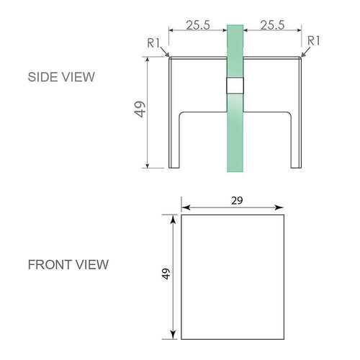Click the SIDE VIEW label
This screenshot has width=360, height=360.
pyautogui.click(x=61, y=77)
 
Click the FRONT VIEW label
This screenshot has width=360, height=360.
pyautogui.click(x=68, y=264)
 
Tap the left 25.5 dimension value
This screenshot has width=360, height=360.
pyautogui.click(x=197, y=24)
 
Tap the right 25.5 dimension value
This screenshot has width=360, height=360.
pyautogui.click(x=273, y=24)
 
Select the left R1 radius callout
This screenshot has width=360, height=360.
pyautogui.click(x=153, y=42)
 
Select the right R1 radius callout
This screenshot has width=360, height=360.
pyautogui.click(x=313, y=40)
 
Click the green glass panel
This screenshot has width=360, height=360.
pyautogui.click(x=235, y=137)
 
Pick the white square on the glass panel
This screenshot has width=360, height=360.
pyautogui.click(x=235, y=86)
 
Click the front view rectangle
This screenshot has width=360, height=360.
pyautogui.click(x=232, y=276)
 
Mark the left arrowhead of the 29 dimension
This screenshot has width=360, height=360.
pyautogui.click(x=184, y=205)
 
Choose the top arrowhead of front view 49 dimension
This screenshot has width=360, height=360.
pyautogui.click(x=174, y=218)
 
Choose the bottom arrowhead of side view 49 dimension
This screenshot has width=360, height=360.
pyautogui.click(x=149, y=164)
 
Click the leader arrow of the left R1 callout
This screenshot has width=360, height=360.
pyautogui.click(x=166, y=53)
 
